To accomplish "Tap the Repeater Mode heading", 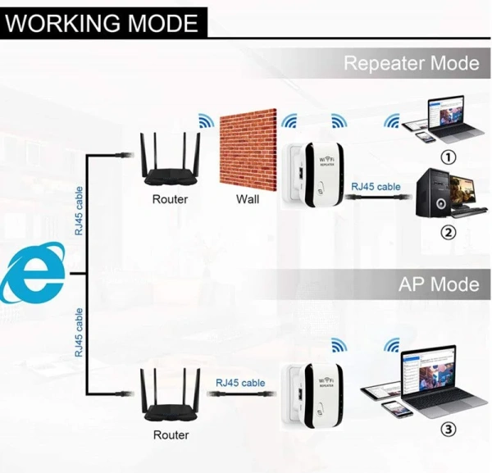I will [411, 63].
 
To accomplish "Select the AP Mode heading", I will [439, 284].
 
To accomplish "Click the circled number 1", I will [448, 156].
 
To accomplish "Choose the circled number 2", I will [448, 232].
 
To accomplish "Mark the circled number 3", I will [448, 429].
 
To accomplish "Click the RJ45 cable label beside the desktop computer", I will [376, 187].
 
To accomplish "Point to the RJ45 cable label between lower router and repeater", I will [240, 383].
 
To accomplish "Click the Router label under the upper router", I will [170, 199].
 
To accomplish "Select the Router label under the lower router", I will [170, 434].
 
